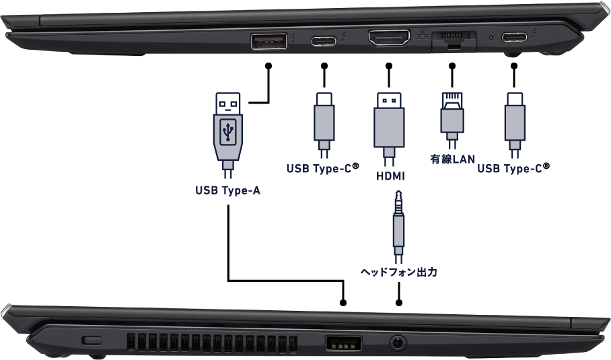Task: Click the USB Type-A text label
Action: [227, 190]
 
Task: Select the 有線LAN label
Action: [452, 159]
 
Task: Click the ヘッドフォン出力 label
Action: [399, 273]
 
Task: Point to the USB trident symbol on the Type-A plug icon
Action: [228, 130]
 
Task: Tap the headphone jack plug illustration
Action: [399, 225]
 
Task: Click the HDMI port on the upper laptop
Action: [389, 38]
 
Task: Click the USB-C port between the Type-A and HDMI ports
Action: [324, 40]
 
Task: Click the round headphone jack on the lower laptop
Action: [399, 343]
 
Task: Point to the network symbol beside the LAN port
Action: [422, 36]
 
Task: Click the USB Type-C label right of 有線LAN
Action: [509, 169]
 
